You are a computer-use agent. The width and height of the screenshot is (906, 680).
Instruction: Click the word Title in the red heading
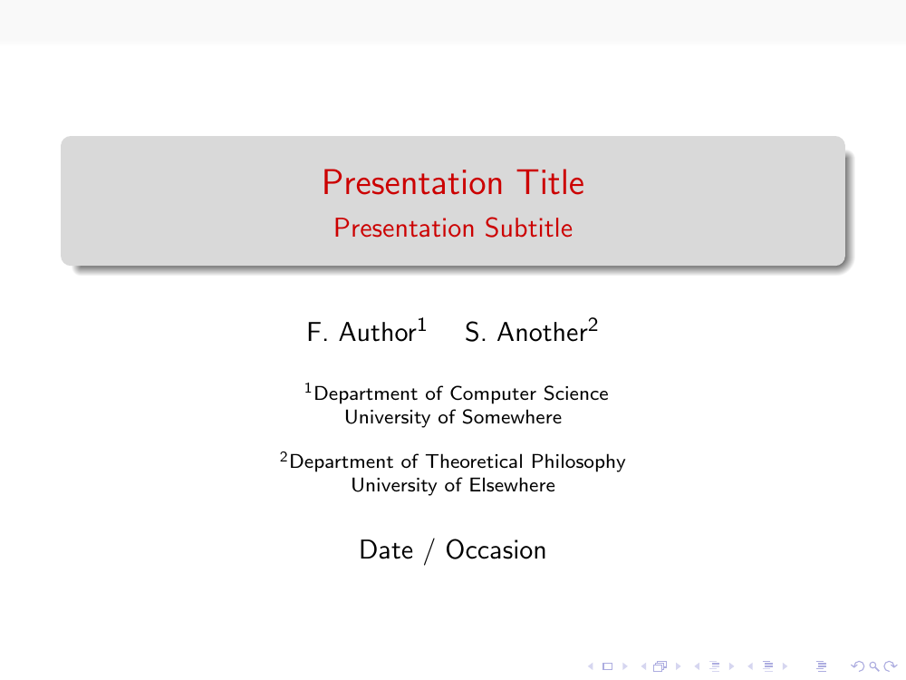pyautogui.click(x=550, y=183)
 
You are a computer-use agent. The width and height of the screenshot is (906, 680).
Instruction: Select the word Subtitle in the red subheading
pyautogui.click(x=529, y=228)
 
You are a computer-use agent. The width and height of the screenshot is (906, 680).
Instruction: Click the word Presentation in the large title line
pyautogui.click(x=412, y=183)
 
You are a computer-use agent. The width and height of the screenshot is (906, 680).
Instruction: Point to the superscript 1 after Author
pyautogui.click(x=422, y=325)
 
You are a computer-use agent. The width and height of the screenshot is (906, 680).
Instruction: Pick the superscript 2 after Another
pyautogui.click(x=593, y=325)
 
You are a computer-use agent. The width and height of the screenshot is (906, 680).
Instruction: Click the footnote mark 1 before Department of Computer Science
pyautogui.click(x=308, y=387)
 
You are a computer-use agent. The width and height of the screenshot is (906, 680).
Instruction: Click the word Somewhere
pyautogui.click(x=511, y=417)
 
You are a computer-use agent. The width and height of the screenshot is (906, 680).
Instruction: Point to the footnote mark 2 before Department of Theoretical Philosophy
pyautogui.click(x=284, y=457)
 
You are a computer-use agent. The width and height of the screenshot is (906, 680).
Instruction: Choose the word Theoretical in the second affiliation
pyautogui.click(x=475, y=461)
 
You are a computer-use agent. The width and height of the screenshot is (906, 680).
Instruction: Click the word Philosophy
pyautogui.click(x=578, y=462)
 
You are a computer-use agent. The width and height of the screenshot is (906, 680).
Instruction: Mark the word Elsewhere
pyautogui.click(x=512, y=485)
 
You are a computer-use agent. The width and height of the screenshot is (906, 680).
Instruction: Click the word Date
pyautogui.click(x=386, y=550)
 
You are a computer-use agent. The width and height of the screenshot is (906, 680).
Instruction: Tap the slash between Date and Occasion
pyautogui.click(x=429, y=551)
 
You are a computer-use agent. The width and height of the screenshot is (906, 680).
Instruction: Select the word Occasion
pyautogui.click(x=496, y=550)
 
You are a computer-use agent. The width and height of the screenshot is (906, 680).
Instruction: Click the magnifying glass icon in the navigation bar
pyautogui.click(x=874, y=666)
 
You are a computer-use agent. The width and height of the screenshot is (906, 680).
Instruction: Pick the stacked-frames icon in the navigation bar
pyautogui.click(x=660, y=666)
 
